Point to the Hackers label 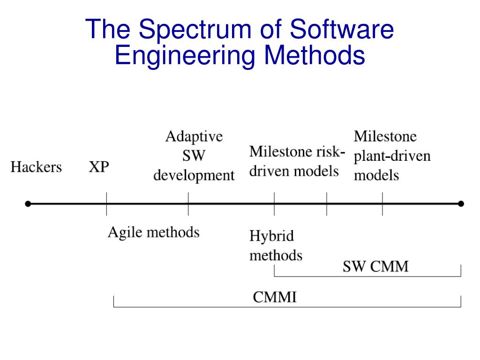[x=36, y=167]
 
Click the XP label [x=99, y=167]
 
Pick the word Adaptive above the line [x=194, y=137]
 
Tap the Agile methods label [x=154, y=232]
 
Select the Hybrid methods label [x=275, y=245]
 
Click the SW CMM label [x=375, y=267]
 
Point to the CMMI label [x=275, y=297]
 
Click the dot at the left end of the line [x=28, y=204]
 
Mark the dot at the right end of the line [x=461, y=204]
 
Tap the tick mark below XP [x=106, y=204]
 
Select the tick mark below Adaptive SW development [x=188, y=204]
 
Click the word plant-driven [x=392, y=156]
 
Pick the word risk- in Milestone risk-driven [x=331, y=152]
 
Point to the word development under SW [x=194, y=176]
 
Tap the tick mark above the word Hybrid [x=275, y=204]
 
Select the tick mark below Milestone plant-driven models [x=382, y=204]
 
